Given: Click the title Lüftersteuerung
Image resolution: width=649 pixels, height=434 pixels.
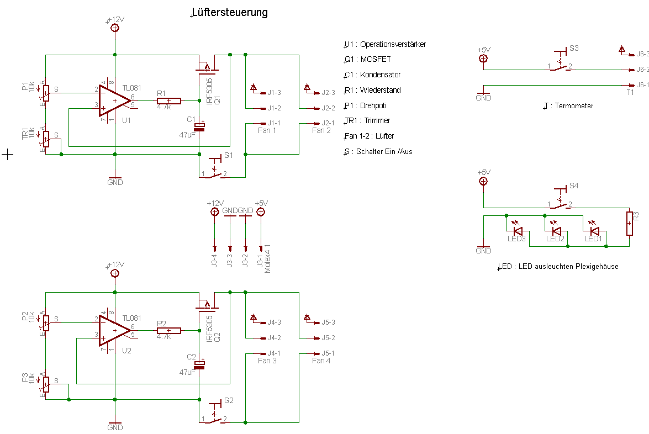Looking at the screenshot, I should click(229, 12).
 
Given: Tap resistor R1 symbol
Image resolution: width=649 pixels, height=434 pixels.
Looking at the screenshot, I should click(168, 100).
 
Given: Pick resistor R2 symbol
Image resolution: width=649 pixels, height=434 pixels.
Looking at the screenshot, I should click(168, 331).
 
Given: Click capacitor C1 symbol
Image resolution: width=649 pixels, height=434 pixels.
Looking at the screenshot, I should click(199, 126).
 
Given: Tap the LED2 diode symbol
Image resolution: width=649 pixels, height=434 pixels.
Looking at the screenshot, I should click(556, 231).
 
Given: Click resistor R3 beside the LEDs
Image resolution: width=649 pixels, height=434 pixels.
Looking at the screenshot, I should click(629, 223).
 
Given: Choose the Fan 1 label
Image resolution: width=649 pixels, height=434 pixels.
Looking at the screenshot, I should click(267, 130).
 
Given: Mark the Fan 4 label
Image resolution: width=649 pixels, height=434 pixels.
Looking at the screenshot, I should click(321, 361).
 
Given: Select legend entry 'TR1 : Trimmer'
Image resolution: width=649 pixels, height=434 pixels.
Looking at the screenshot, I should click(367, 120).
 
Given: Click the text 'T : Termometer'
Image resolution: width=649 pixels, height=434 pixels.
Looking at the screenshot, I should click(568, 105).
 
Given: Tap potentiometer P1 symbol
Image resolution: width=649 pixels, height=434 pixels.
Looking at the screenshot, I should click(46, 93).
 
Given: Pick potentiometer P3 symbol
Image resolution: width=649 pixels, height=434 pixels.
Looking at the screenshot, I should click(46, 384).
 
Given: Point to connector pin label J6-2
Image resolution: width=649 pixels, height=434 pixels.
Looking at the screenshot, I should click(642, 70).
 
